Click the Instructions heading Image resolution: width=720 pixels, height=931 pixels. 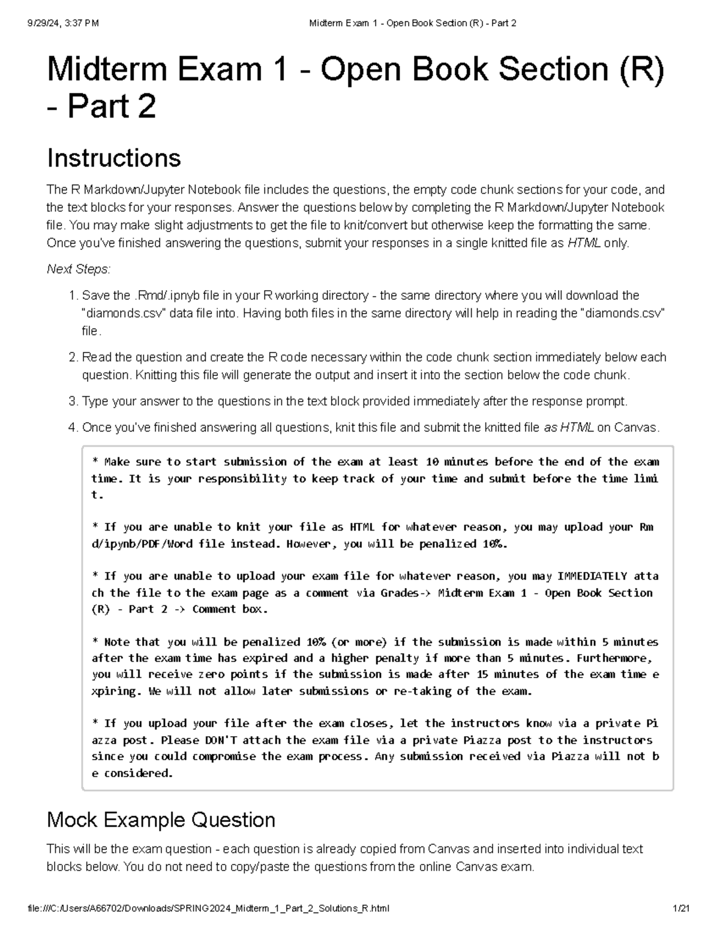pyautogui.click(x=113, y=159)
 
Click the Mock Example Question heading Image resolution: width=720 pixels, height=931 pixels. pyautogui.click(x=161, y=819)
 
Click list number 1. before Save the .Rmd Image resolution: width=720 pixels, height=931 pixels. pyautogui.click(x=73, y=296)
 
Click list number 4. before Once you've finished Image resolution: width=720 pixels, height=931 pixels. pyautogui.click(x=73, y=427)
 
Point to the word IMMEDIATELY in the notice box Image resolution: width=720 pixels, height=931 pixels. pyautogui.click(x=592, y=576)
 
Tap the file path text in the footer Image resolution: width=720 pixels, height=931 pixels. pyautogui.click(x=208, y=908)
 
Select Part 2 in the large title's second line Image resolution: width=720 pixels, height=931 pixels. pyautogui.click(x=112, y=107)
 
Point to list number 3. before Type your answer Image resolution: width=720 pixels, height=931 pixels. pyautogui.click(x=73, y=401)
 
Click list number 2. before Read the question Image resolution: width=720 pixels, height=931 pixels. pyautogui.click(x=73, y=357)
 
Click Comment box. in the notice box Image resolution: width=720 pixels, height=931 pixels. pyautogui.click(x=230, y=609)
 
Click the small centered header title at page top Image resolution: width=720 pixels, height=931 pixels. pyautogui.click(x=412, y=23)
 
